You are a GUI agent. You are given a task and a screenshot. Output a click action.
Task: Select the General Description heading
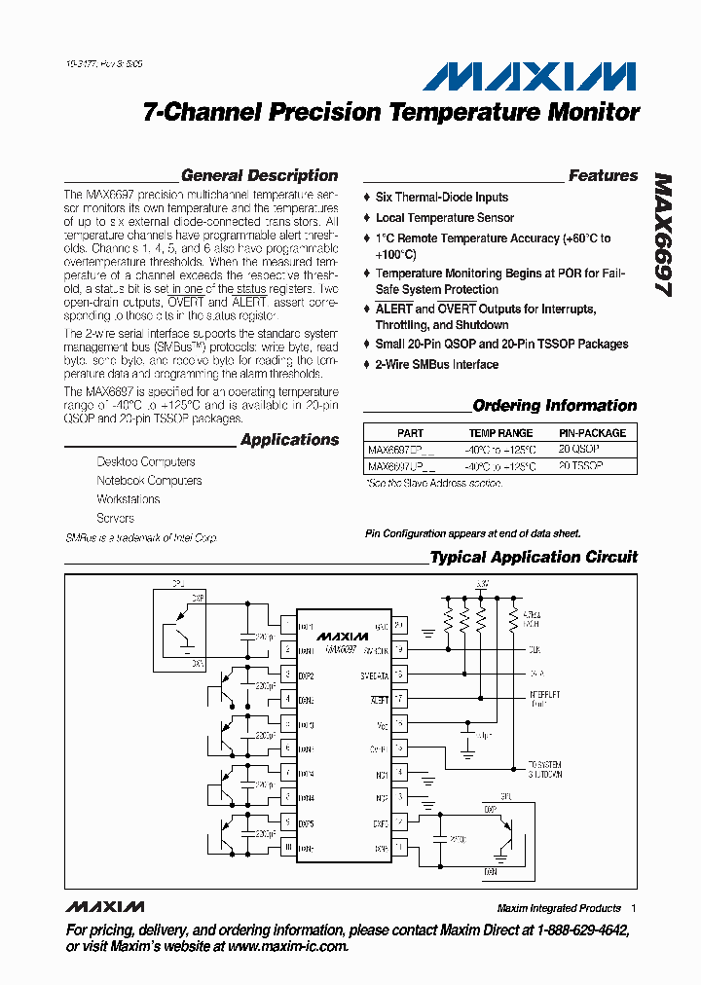(260, 176)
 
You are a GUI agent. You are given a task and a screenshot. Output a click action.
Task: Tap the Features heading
(603, 176)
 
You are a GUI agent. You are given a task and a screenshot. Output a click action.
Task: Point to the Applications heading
(289, 440)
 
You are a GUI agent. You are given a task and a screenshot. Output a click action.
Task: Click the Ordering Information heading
(554, 406)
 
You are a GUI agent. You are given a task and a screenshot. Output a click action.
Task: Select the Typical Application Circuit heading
(534, 558)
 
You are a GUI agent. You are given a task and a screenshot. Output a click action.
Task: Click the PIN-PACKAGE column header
(592, 433)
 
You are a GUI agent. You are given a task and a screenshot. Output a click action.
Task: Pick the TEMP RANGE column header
(500, 433)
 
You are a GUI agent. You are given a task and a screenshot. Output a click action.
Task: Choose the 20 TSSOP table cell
(581, 467)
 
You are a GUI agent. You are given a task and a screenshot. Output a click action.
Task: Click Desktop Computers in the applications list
(146, 462)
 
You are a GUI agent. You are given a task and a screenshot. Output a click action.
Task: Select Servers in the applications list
(116, 519)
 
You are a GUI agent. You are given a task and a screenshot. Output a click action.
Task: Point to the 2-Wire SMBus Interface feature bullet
(437, 365)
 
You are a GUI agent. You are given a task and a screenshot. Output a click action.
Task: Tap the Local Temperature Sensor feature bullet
(445, 218)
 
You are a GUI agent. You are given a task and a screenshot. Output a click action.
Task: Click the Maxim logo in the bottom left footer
(105, 907)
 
